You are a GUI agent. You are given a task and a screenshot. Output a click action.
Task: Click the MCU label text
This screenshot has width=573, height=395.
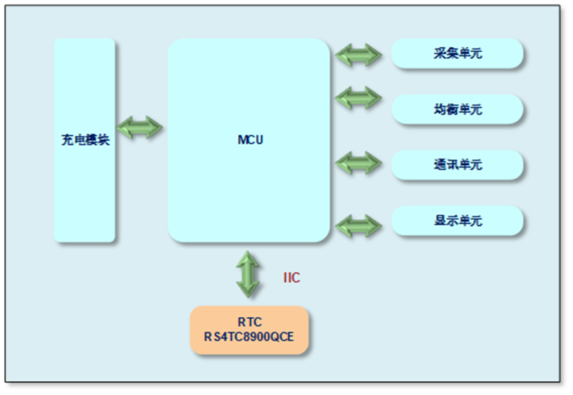250,140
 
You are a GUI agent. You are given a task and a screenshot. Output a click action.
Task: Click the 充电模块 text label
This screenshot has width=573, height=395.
84,141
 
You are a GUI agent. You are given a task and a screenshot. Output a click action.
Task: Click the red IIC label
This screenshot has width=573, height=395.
291,278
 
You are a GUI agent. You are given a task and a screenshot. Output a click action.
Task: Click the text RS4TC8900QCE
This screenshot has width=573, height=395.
249,337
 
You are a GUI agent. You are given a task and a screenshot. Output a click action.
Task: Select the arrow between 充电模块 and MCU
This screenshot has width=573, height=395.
141,128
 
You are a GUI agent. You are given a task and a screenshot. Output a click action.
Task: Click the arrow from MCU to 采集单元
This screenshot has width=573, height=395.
358,55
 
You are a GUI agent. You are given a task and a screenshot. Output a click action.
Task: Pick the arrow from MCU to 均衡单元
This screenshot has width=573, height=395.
358,97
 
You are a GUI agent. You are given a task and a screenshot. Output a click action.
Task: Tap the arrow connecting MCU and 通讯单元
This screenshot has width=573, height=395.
358,161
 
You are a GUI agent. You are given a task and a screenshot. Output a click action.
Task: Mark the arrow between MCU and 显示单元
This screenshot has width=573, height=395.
358,224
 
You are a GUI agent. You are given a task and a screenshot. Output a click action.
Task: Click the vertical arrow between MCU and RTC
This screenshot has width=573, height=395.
247,274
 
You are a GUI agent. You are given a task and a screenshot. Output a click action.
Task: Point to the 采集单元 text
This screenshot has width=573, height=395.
458,54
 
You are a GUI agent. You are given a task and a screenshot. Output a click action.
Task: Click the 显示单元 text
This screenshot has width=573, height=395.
458,221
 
